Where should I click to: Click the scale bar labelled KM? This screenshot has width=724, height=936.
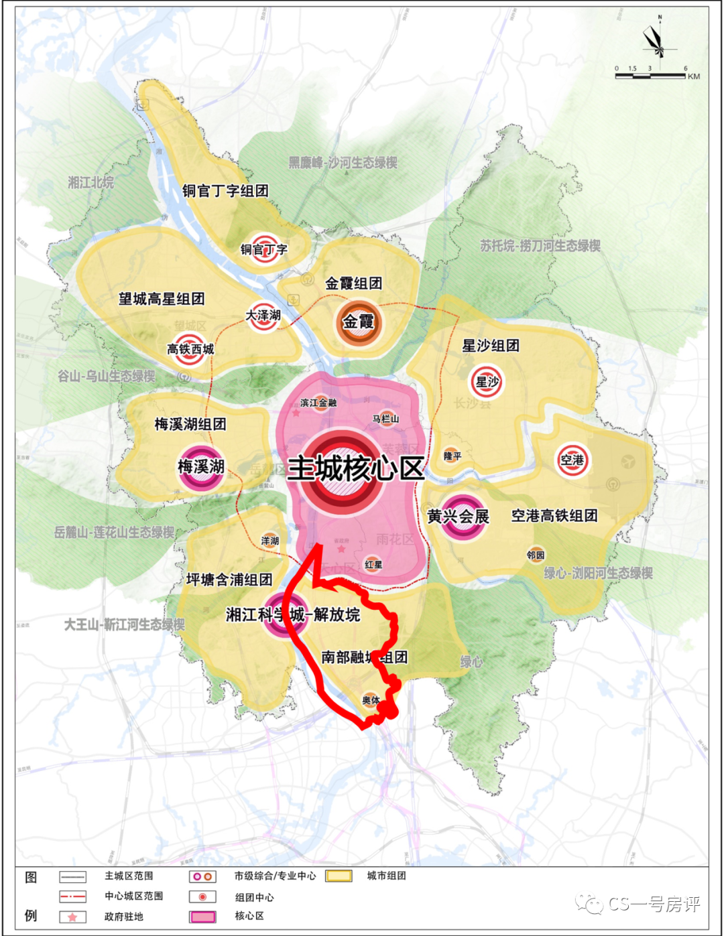click(x=650, y=76)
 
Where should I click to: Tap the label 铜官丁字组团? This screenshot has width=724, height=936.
click(x=225, y=191)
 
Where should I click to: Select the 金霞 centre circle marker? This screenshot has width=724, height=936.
click(x=359, y=322)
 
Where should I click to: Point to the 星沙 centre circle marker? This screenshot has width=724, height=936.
click(x=487, y=382)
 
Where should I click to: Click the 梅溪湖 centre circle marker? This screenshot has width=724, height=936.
click(x=200, y=466)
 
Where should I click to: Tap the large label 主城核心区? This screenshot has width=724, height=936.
click(x=356, y=468)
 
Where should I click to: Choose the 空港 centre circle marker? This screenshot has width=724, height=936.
click(x=572, y=460)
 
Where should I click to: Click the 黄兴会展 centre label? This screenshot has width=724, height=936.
click(x=459, y=517)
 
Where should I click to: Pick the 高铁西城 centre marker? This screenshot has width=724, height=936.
click(x=190, y=348)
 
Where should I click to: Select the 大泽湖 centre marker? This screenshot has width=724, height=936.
click(x=263, y=315)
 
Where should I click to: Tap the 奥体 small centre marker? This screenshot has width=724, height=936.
click(x=371, y=700)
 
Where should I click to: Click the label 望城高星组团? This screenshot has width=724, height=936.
click(x=162, y=299)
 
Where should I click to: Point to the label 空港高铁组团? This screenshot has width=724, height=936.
click(x=554, y=515)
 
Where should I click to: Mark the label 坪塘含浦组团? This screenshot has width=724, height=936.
click(x=229, y=580)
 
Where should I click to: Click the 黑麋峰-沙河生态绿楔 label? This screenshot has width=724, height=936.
click(x=343, y=163)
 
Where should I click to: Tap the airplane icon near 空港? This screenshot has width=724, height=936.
click(x=628, y=461)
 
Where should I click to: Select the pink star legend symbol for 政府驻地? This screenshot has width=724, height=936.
click(x=72, y=917)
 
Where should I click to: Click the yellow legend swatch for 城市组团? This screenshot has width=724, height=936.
click(x=339, y=876)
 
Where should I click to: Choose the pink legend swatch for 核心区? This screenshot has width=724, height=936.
click(x=202, y=917)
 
